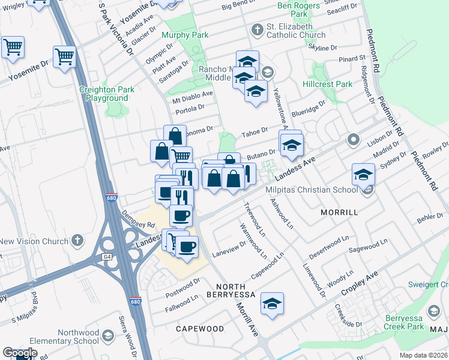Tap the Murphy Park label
point(185,35)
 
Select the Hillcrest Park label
point(328,85)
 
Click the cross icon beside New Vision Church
point(76,241)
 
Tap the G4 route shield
point(107,257)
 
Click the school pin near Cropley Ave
point(272,304)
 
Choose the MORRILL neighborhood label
point(339,212)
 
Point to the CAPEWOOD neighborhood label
point(200,329)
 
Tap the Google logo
point(20,353)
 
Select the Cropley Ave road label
point(360,284)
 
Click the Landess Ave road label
point(295,167)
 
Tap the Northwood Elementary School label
point(78,337)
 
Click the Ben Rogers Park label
point(292,9)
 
